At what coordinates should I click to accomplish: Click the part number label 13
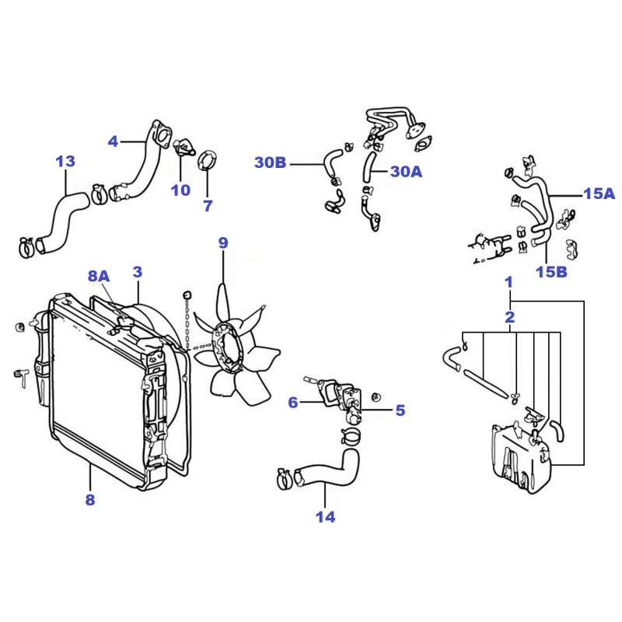click(x=65, y=162)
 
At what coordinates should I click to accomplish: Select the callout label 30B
click(x=270, y=162)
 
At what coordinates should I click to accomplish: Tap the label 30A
click(x=406, y=171)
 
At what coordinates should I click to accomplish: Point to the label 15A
click(x=599, y=194)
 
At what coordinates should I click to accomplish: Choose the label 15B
click(x=551, y=271)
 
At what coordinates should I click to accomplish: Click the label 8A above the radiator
click(x=99, y=276)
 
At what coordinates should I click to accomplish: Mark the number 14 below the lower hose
click(x=325, y=517)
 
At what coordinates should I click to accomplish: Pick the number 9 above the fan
click(x=223, y=243)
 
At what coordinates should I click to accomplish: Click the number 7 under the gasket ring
click(x=208, y=206)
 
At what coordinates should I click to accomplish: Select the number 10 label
click(x=180, y=190)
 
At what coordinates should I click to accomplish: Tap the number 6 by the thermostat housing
click(x=293, y=403)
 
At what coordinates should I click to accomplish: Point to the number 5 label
click(x=400, y=411)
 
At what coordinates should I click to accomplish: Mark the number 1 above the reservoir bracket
click(x=509, y=282)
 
